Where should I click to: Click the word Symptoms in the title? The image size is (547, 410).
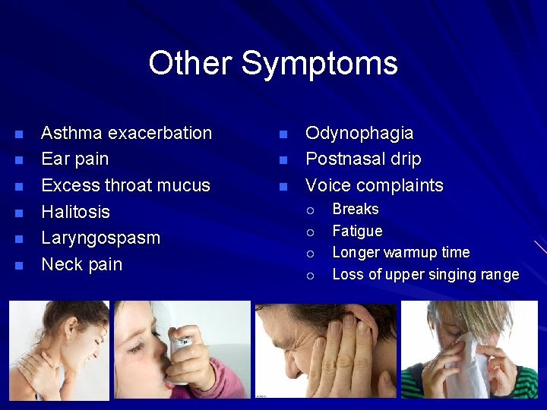pos(319,63)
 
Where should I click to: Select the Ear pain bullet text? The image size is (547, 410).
pos(74,159)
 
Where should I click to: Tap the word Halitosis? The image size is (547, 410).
pos(75,212)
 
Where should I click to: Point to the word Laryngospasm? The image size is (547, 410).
pos(100,238)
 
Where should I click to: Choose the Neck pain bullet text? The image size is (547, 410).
pos(81,264)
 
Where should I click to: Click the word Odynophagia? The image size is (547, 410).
pos(359,134)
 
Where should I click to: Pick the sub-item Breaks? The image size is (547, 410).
pos(356,209)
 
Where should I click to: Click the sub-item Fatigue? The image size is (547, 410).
pos(357,231)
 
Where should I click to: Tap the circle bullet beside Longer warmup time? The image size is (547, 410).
pos(310,254)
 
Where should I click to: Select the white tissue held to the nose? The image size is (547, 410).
pos(470,364)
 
